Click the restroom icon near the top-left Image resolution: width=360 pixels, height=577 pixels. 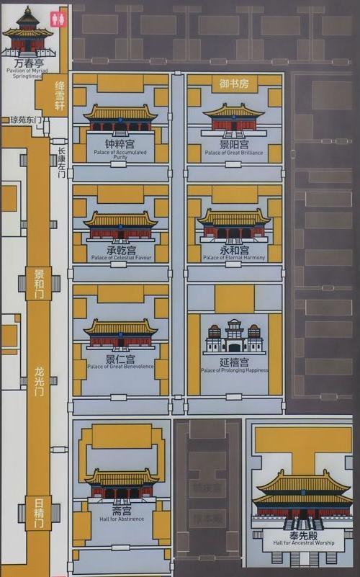[x=58, y=18]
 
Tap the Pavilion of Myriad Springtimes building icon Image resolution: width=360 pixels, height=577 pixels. [x=27, y=33]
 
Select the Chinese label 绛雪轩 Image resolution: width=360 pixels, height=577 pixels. [x=60, y=96]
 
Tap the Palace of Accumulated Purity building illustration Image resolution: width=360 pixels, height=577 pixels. [x=120, y=120]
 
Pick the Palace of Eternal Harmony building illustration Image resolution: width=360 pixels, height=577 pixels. [x=233, y=226]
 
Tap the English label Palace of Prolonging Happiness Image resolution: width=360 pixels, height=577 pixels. [x=234, y=370]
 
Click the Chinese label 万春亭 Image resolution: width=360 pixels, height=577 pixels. [x=27, y=65]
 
